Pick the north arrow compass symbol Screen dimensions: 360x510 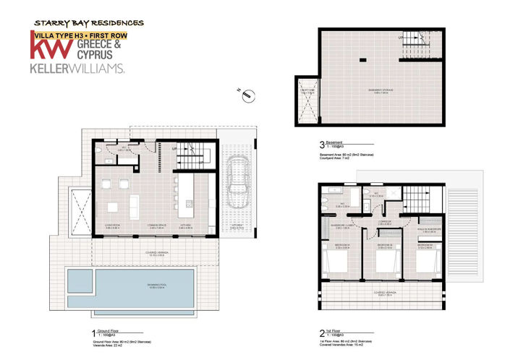246,94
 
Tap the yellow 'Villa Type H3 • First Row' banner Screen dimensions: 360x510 76,34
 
